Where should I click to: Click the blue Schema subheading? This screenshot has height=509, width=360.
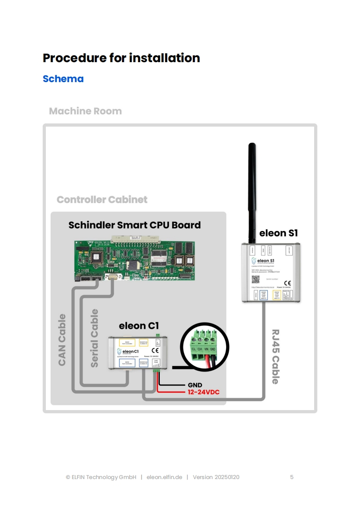coord(63,78)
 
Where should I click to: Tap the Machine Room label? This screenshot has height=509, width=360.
coord(85,111)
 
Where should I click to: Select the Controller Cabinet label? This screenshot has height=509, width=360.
coord(102,200)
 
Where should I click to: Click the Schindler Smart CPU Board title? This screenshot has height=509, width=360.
coord(134,225)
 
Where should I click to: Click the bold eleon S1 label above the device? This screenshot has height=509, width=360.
coord(278,234)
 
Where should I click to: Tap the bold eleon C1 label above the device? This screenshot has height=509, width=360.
coord(138,326)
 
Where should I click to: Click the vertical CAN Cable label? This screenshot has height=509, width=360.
coord(62,340)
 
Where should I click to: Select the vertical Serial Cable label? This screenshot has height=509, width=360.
coord(94,338)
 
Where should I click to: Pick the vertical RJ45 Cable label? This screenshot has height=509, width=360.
coord(275,357)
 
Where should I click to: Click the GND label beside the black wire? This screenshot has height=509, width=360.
coord(195,385)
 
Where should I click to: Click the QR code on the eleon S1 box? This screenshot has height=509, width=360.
coord(256,279)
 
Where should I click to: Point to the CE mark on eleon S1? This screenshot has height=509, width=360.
coord(287,283)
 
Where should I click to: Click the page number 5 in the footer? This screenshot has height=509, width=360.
coord(292,477)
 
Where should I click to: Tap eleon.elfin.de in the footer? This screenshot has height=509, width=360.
coord(164,477)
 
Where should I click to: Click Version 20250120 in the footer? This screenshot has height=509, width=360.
coord(216,477)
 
